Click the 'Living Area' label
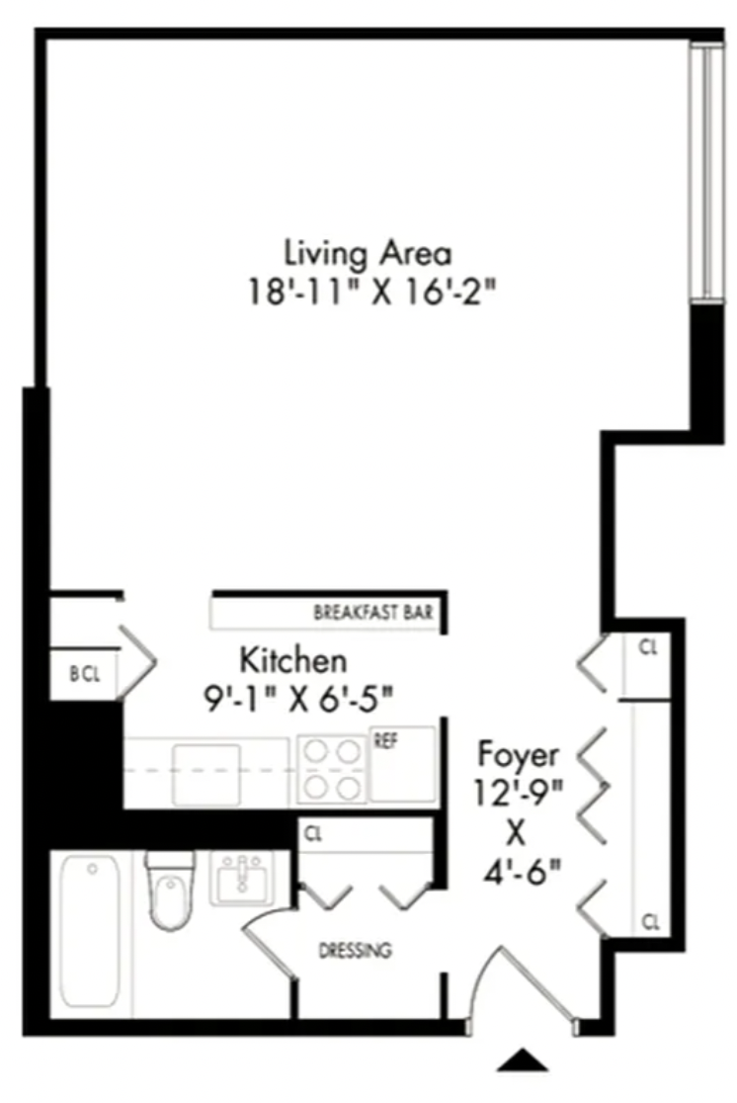tap(368, 253)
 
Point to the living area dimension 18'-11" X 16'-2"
tap(372, 292)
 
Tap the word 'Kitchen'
tap(293, 660)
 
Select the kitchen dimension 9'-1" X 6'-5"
tap(298, 699)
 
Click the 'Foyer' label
tap(519, 754)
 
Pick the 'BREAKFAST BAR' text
tap(373, 612)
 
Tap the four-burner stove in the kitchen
tap(332, 770)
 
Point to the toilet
tap(170, 891)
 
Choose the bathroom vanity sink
tap(242, 879)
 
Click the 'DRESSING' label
tap(356, 951)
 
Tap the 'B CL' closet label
tap(85, 674)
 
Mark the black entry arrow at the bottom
tap(523, 1060)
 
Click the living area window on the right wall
tap(706, 171)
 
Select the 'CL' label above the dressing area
tap(313, 835)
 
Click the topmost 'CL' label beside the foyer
tap(648, 648)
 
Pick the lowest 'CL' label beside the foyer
tap(651, 921)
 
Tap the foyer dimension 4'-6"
tap(522, 873)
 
